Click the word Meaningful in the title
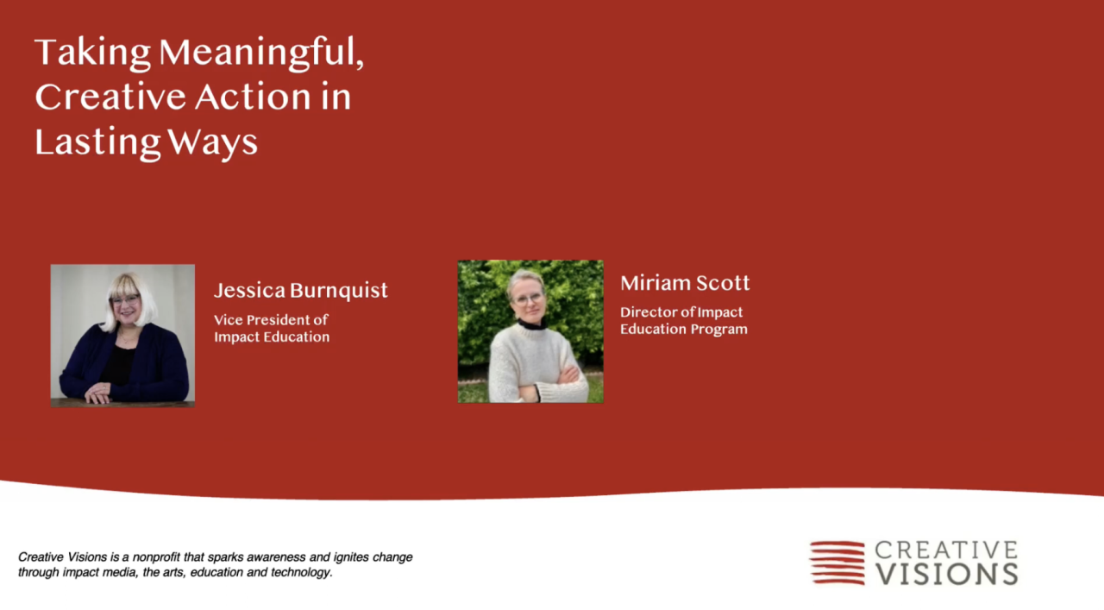pos(261,53)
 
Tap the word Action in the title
pos(253,96)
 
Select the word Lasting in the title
pos(97,142)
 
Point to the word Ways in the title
pos(212,143)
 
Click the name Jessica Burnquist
pos(301,291)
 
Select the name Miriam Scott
pos(685,283)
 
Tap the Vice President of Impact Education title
pos(272,329)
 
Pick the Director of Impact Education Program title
pos(684,321)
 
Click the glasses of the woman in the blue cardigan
pos(126,299)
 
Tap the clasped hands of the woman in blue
pos(98,393)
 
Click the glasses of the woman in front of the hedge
pos(529,299)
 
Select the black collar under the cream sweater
pos(532,324)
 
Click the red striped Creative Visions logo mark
pos(837,563)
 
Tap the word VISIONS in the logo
pos(946,574)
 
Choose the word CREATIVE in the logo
pos(946,550)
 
